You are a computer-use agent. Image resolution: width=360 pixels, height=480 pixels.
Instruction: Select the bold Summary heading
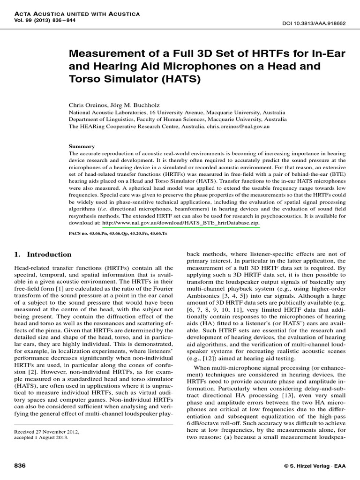82,146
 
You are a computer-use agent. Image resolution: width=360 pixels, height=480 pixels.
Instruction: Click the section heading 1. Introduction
43,255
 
